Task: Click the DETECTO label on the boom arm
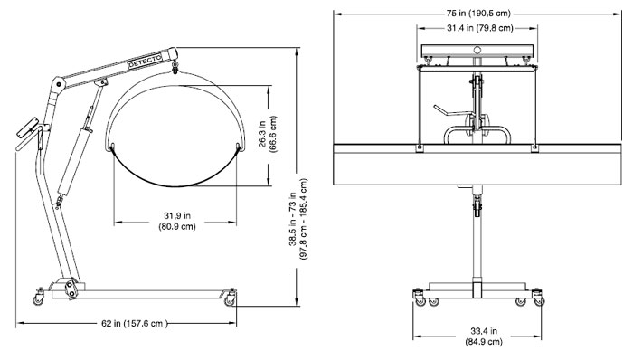click(145, 61)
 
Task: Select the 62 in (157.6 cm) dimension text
click(134, 323)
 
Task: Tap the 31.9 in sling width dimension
click(177, 222)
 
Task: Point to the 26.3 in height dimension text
click(268, 134)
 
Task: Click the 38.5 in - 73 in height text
click(298, 219)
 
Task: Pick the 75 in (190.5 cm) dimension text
click(478, 14)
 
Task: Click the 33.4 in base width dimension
click(484, 336)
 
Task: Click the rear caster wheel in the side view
click(39, 297)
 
